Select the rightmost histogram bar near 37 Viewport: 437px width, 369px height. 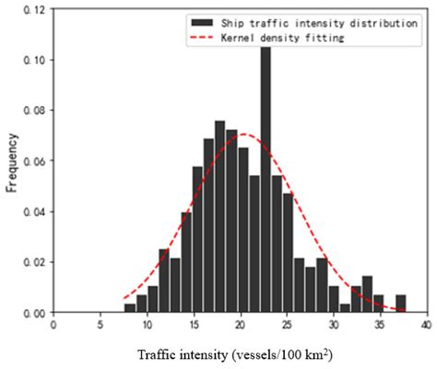[401, 304]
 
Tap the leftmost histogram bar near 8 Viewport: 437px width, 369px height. [130, 308]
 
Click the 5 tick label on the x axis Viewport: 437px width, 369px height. [100, 326]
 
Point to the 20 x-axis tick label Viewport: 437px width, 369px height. [240, 326]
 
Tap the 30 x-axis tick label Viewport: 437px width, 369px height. [334, 326]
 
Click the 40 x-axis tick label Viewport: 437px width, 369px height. [426, 326]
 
